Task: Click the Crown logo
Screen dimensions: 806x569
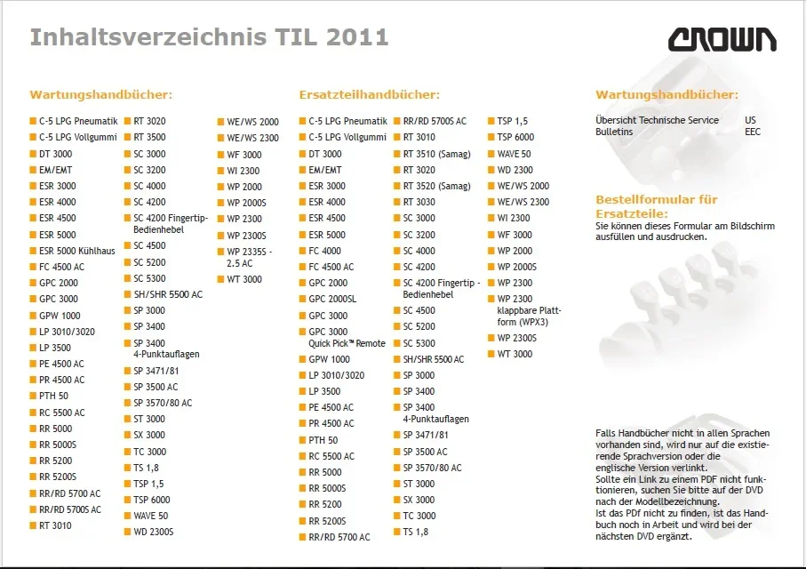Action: (x=722, y=40)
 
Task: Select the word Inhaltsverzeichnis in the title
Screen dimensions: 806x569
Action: (x=148, y=37)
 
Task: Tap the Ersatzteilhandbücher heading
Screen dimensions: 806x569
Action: (x=369, y=94)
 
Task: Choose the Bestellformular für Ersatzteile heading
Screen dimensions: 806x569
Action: (x=657, y=206)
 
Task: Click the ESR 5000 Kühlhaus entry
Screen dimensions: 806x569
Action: (x=77, y=251)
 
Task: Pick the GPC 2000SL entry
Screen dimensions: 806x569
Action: (x=332, y=299)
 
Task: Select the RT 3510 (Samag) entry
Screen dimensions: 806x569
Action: (x=436, y=154)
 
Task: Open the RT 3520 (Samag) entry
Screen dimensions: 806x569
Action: (x=436, y=186)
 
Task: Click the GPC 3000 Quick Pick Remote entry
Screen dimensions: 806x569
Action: (x=347, y=338)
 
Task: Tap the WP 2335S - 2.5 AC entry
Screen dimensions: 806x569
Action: (x=250, y=257)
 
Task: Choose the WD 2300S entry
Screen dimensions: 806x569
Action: (x=153, y=532)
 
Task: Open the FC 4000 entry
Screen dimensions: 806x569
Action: (x=324, y=251)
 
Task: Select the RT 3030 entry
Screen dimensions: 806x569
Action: (x=419, y=202)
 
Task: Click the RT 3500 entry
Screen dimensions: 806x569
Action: (x=149, y=137)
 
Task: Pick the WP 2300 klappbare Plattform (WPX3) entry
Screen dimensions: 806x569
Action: (x=529, y=310)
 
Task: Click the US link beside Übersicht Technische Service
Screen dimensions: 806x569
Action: (x=750, y=120)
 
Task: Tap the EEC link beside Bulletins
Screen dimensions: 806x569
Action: (x=752, y=132)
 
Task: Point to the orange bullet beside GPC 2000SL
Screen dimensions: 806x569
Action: (x=303, y=299)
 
